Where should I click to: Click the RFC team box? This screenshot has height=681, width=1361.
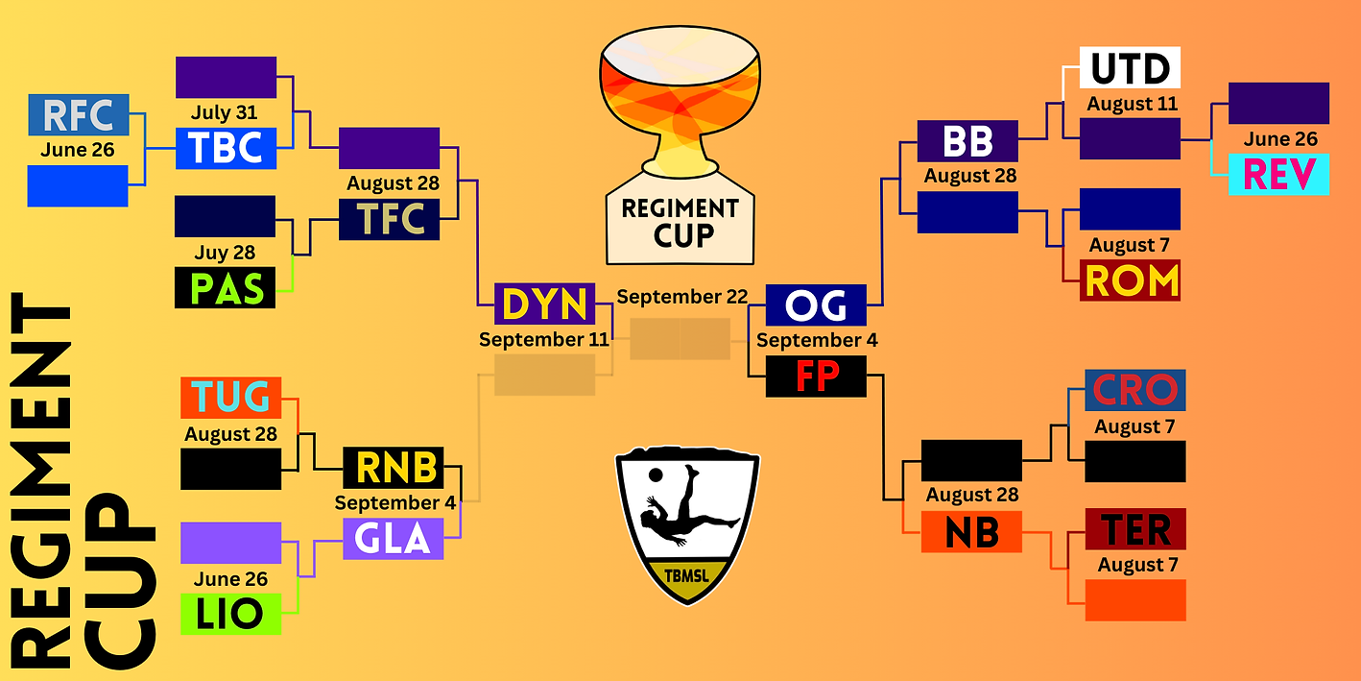78,115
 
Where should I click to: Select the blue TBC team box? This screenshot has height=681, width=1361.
226,148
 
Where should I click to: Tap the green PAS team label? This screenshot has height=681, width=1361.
225,287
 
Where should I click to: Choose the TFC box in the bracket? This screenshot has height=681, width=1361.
389,219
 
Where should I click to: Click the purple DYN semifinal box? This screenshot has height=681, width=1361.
544,304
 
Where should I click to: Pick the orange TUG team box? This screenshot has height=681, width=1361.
230,398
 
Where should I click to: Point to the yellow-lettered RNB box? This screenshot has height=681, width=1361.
394,467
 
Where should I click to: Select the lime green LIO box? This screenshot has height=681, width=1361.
230,614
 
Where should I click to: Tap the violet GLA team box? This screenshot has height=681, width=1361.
394,539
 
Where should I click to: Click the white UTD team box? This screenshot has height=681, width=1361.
1130,69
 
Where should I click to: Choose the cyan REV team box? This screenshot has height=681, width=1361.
1278,175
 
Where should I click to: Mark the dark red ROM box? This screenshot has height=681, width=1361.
1130,280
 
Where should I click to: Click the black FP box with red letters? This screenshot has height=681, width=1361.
816,376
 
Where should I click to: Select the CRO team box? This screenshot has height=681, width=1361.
1134,390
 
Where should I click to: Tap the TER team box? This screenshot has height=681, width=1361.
1134,529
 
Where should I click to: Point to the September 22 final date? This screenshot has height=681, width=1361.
681,297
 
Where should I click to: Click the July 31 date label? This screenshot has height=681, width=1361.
224,113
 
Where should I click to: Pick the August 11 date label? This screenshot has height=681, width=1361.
1132,104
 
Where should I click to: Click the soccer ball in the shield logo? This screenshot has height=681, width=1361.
654,474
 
